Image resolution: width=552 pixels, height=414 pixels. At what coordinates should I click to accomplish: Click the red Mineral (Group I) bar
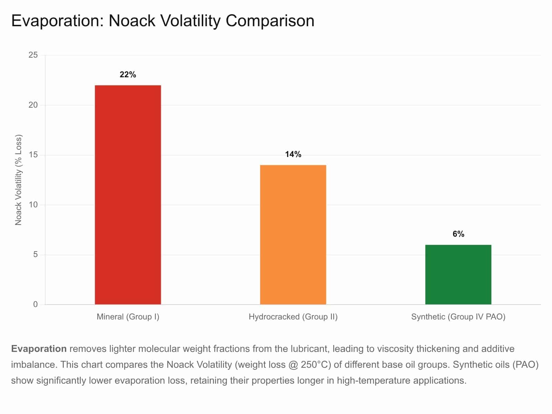point(128,195)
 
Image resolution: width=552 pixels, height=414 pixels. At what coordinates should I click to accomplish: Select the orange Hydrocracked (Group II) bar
point(293,235)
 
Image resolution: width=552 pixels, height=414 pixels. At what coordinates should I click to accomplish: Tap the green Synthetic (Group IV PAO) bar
point(458,275)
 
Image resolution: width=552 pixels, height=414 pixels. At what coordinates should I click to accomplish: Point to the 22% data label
point(128,75)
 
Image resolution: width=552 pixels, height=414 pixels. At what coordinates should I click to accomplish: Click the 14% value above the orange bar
point(293,154)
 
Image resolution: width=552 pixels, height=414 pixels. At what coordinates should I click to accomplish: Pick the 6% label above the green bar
point(458,234)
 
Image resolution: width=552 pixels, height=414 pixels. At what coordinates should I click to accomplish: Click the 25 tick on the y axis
point(33,55)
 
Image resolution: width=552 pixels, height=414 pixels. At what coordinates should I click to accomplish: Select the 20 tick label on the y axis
point(33,105)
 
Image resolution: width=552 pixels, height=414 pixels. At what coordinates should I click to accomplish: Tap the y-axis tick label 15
point(33,155)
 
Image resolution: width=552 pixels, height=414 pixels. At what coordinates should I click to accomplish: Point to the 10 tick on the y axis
point(33,205)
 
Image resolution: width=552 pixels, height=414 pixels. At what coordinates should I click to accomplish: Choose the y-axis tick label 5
point(36,255)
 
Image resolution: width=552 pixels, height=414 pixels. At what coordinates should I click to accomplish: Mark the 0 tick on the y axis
point(36,304)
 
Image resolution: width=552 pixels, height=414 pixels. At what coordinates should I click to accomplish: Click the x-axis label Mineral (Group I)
point(128,317)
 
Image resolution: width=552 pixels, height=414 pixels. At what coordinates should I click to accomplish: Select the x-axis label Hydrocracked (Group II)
point(293,317)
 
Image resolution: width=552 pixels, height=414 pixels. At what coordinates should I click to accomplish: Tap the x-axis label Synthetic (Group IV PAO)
point(458,317)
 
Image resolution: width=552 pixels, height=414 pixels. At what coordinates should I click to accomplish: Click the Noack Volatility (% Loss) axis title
point(18,180)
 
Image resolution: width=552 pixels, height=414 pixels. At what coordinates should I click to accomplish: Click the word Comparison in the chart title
point(270,21)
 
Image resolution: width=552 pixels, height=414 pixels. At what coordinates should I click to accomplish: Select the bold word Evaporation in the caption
point(39,349)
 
